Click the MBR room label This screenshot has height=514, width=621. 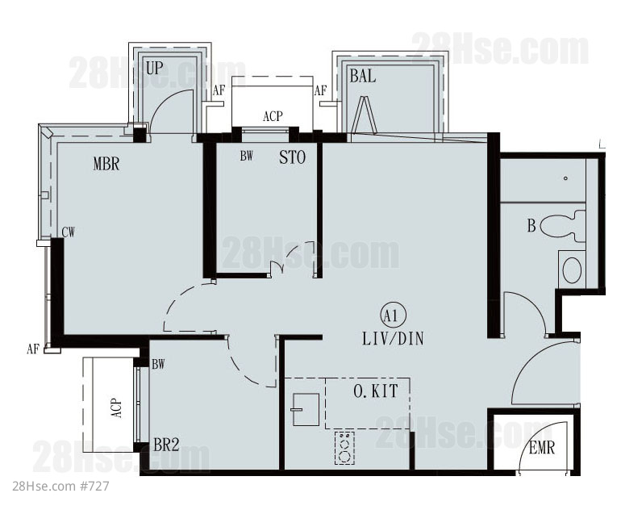click(106, 164)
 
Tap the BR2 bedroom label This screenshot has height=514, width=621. click(166, 445)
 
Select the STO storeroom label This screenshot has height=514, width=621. click(292, 157)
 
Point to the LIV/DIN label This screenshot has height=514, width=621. click(393, 339)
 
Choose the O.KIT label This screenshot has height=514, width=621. click(376, 391)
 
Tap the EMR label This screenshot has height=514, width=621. click(542, 448)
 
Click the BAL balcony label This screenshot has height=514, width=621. click(362, 76)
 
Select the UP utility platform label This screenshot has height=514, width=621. click(154, 68)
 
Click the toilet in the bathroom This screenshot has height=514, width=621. click(563, 226)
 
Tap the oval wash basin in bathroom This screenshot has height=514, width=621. click(572, 270)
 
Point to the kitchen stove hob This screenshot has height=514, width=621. click(344, 448)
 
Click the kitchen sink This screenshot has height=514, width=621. click(306, 409)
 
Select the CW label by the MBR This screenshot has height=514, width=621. click(68, 232)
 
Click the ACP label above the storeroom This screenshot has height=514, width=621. click(273, 116)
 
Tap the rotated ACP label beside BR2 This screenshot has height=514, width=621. click(116, 407)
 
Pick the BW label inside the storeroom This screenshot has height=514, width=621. click(246, 157)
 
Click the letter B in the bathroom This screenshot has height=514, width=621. click(531, 226)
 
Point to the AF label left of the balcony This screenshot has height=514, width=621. click(320, 90)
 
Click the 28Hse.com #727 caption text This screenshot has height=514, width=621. click(60, 487)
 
